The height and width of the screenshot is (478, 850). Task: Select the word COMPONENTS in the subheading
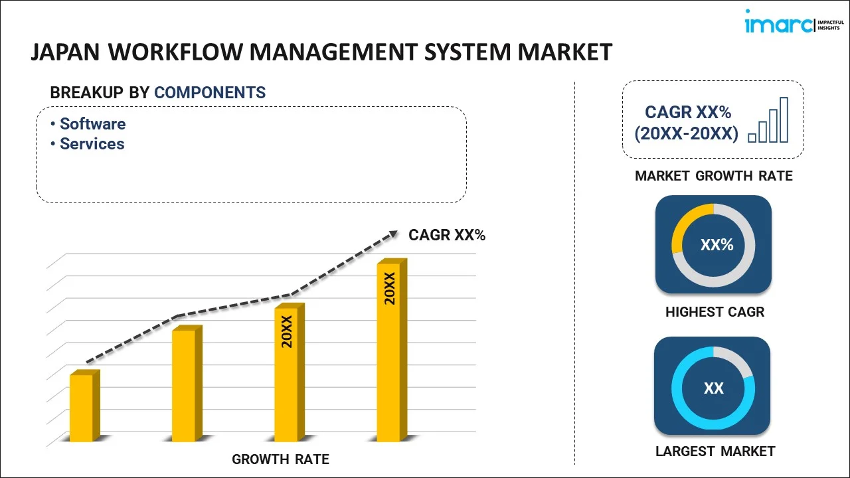210,93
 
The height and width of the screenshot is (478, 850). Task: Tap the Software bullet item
92,124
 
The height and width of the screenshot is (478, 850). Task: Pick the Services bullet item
92,144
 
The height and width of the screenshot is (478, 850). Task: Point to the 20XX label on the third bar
287,332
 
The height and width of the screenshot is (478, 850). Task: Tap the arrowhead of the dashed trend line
393,234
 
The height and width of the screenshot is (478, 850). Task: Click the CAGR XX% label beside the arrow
447,235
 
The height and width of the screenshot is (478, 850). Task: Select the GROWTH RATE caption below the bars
280,459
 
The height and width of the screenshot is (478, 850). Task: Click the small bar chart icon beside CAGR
768,121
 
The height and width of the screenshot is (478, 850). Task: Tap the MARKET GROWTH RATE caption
714,176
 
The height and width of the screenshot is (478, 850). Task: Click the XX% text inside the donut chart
717,245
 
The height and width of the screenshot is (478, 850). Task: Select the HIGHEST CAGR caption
715,312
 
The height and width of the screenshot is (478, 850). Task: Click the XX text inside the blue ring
714,388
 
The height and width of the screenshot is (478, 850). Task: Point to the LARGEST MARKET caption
715,451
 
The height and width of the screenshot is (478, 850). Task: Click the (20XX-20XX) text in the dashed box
686,134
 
